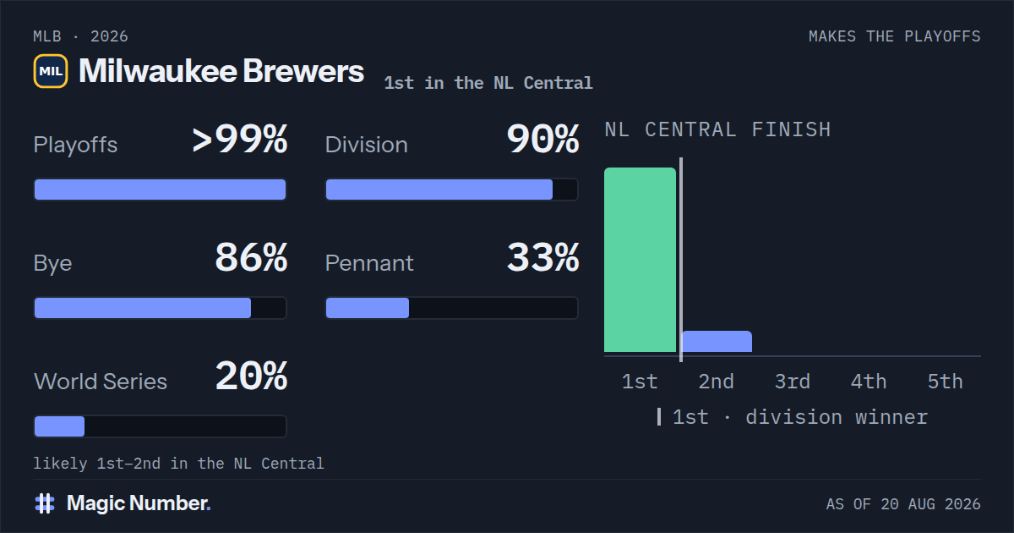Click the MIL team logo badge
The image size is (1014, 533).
click(x=51, y=71)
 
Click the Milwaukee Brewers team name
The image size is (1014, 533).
click(x=221, y=71)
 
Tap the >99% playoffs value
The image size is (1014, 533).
click(x=239, y=139)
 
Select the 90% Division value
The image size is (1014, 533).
click(x=542, y=139)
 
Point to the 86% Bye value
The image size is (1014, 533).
click(x=251, y=257)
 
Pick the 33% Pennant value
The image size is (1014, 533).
click(x=542, y=257)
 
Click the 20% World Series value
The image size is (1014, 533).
click(x=251, y=376)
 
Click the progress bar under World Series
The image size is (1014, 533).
click(x=161, y=426)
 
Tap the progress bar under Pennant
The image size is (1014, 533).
click(x=452, y=308)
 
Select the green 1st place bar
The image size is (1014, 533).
click(x=641, y=260)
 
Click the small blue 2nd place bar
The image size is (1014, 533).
click(x=717, y=342)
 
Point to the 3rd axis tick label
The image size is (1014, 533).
click(x=793, y=382)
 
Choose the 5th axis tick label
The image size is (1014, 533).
click(x=946, y=382)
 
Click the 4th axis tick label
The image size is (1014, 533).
click(x=869, y=382)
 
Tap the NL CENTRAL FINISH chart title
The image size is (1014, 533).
click(x=718, y=130)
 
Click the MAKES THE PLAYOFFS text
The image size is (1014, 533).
click(x=895, y=36)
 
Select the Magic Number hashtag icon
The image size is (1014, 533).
click(x=45, y=503)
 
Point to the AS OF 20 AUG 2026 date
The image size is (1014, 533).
click(x=903, y=504)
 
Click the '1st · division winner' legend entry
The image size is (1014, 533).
click(x=793, y=417)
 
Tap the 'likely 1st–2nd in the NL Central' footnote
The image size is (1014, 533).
click(x=179, y=464)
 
